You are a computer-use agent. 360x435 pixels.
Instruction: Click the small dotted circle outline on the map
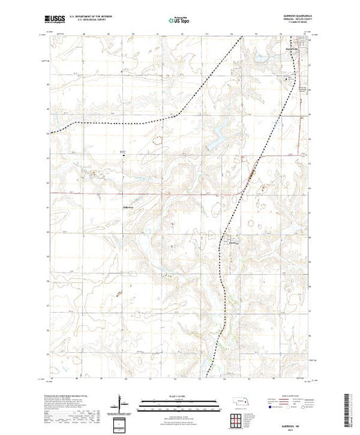(x=161, y=139)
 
